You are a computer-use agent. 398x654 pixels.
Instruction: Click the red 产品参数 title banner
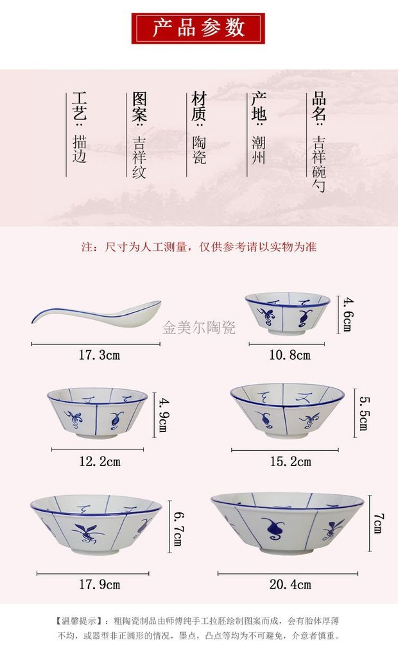pyautogui.click(x=198, y=29)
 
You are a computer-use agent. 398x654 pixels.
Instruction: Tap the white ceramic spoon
pyautogui.click(x=103, y=313)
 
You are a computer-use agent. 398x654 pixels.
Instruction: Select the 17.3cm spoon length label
pyautogui.click(x=99, y=355)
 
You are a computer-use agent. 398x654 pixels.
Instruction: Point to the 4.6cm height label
pyautogui.click(x=347, y=314)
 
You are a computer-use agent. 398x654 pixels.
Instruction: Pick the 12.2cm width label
pyautogui.click(x=99, y=461)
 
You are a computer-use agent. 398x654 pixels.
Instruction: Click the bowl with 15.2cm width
pyautogui.click(x=286, y=410)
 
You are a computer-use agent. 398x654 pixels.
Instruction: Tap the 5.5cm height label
pyautogui.click(x=363, y=413)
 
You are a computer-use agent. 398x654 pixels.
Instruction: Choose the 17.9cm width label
pyautogui.click(x=99, y=584)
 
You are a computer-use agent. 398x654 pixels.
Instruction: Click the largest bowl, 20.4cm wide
pyautogui.click(x=287, y=521)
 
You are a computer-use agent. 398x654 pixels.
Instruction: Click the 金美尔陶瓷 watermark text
pyautogui.click(x=199, y=328)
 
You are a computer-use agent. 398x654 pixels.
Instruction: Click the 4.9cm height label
pyautogui.click(x=163, y=414)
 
